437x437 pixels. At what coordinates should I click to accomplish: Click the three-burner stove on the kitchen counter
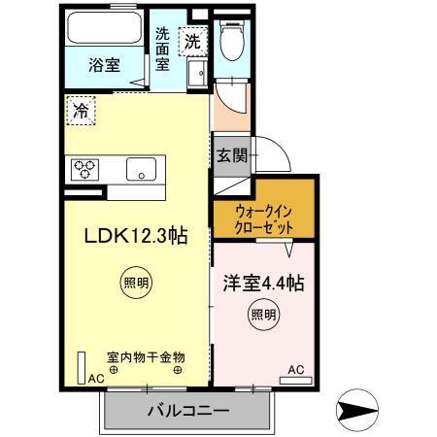(x=84, y=168)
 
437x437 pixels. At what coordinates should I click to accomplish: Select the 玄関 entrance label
(x=231, y=155)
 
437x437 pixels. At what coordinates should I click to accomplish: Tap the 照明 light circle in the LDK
(x=136, y=285)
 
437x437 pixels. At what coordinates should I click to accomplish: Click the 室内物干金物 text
(x=146, y=356)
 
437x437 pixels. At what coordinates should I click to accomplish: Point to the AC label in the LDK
(x=97, y=379)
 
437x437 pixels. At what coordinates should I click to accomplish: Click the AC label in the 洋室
(x=296, y=369)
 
